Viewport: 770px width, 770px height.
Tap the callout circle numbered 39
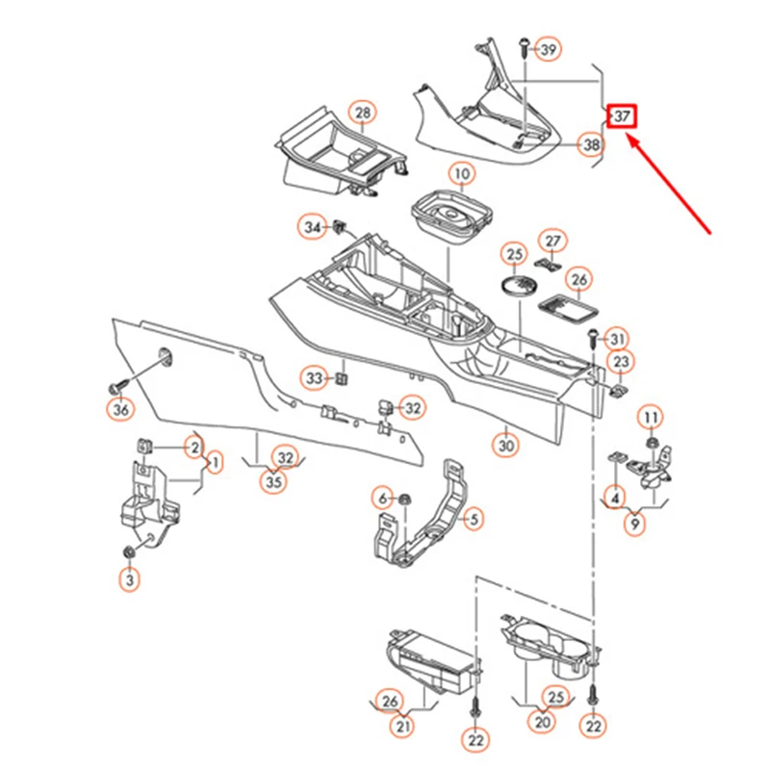coord(548,50)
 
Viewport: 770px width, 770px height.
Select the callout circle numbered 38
coord(590,145)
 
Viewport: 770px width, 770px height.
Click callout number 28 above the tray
coord(362,115)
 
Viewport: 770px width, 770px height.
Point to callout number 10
coord(462,175)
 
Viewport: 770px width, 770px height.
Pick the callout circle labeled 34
coord(312,228)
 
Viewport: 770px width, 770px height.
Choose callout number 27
coord(552,240)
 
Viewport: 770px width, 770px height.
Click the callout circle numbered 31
coord(617,339)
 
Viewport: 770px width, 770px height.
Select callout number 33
coord(314,377)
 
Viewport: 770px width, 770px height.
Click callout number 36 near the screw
coord(121,410)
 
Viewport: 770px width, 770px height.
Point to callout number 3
coord(129,579)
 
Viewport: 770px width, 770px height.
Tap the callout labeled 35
coord(275,483)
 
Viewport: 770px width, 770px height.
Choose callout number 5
coord(473,520)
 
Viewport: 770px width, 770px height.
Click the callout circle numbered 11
coord(652,417)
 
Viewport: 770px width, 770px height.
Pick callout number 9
coord(634,526)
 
